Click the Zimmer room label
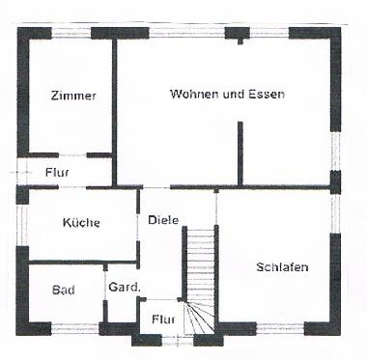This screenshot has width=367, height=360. (x=73, y=95)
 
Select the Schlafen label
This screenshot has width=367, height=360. (x=283, y=266)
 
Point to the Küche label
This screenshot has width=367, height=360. (x=81, y=222)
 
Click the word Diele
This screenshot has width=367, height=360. (x=164, y=219)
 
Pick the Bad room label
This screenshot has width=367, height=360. (x=64, y=290)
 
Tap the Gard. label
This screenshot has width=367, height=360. (x=125, y=288)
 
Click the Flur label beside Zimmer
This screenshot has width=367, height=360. (x=57, y=173)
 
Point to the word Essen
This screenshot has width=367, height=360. (x=268, y=94)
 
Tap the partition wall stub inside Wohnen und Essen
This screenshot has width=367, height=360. (x=240, y=150)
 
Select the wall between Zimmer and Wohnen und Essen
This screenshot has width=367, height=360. (x=116, y=106)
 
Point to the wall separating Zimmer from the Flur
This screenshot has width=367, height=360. (x=68, y=154)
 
